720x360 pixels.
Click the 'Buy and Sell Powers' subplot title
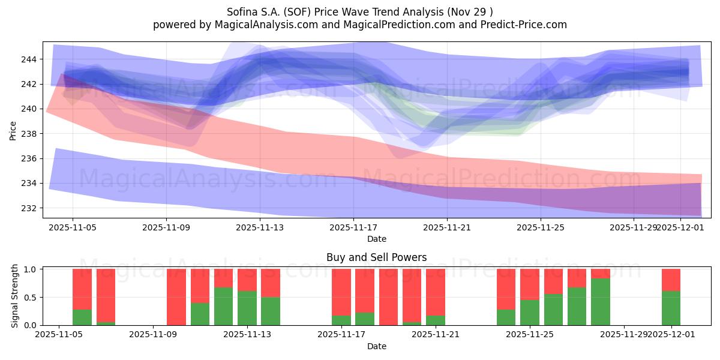[376, 257]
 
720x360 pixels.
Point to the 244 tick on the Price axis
[30, 59]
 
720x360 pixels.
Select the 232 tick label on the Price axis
[30, 208]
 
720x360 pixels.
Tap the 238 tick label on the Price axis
[30, 133]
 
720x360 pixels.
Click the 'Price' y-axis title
[13, 130]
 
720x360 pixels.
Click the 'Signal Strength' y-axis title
[16, 297]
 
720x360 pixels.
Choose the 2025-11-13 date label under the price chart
[260, 227]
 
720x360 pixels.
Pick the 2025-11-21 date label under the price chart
[447, 227]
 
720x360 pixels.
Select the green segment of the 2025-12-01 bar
[671, 308]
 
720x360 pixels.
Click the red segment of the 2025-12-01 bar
[671, 280]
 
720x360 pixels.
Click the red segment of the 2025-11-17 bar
[341, 292]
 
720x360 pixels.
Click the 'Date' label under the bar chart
[376, 346]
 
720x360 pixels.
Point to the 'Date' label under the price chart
[376, 239]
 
